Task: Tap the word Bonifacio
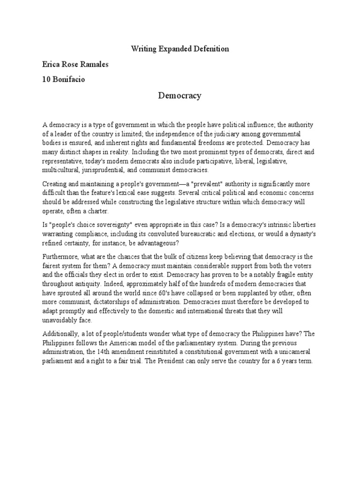[x=69, y=79]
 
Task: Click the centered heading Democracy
[x=180, y=96]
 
